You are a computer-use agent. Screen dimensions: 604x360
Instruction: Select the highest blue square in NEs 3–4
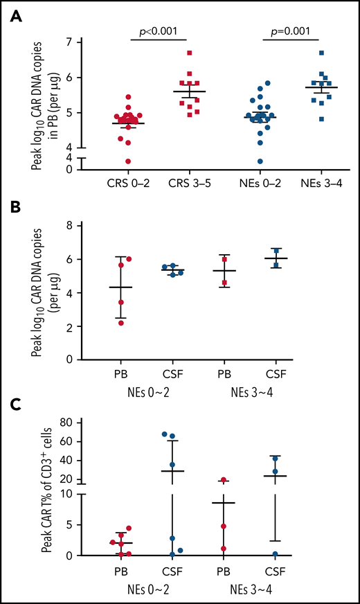[x=321, y=53]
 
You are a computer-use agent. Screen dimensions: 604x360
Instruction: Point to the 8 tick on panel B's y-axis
[x=88, y=226]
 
